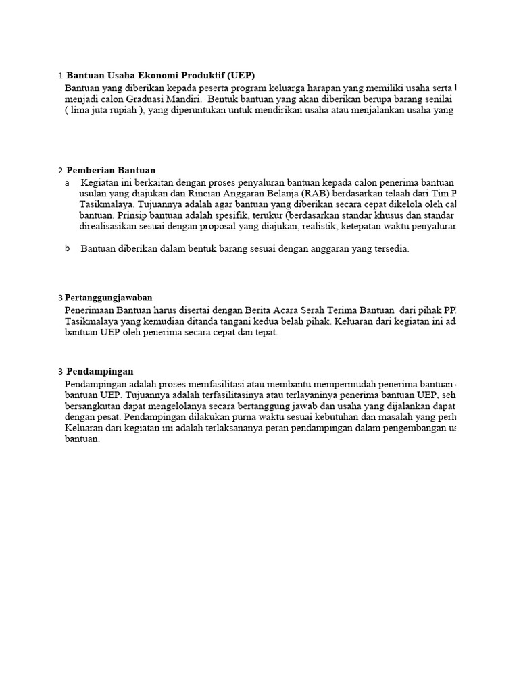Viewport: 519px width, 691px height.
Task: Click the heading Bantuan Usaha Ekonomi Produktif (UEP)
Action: click(161, 75)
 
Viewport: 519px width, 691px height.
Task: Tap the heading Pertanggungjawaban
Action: click(108, 297)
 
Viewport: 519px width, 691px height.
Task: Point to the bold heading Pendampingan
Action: click(99, 371)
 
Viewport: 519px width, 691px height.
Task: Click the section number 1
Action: click(60, 76)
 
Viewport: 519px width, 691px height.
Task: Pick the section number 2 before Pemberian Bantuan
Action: click(60, 171)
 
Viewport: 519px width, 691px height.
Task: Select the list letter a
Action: click(67, 183)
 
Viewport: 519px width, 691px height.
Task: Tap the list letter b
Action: click(67, 248)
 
